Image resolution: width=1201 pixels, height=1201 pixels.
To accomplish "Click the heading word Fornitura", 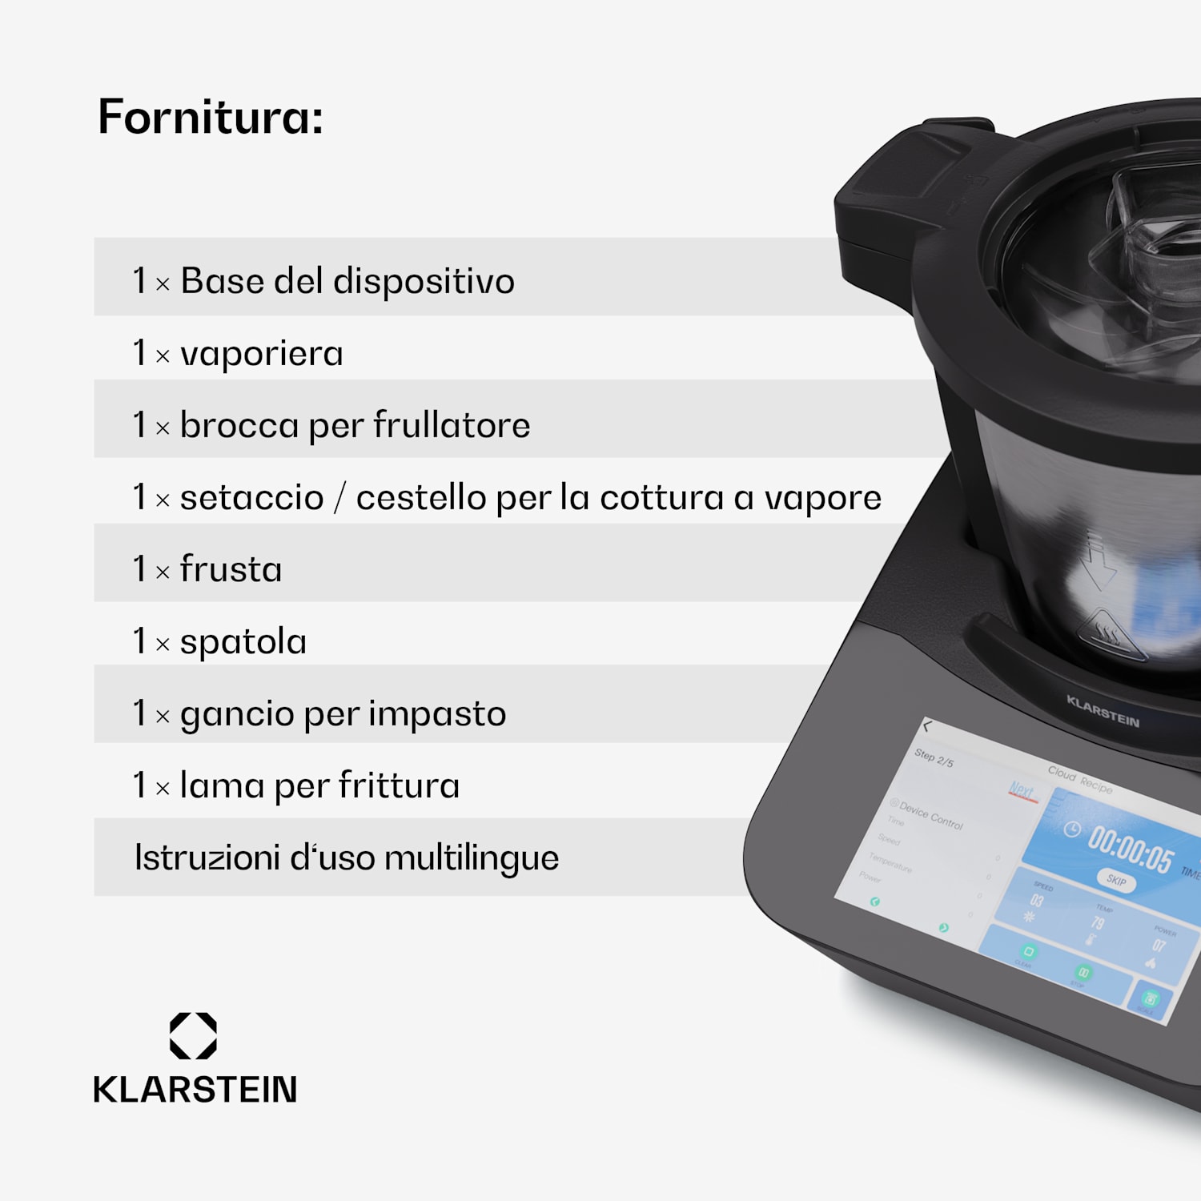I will point(210,117).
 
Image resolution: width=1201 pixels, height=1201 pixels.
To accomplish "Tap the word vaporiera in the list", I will point(262,354).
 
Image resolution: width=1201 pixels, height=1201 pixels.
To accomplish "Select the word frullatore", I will point(452,425).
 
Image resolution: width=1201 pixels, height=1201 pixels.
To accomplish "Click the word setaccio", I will point(251,497).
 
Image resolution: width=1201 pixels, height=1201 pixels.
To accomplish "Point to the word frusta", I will point(231,569).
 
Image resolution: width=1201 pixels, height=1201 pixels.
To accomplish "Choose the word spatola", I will point(243,642).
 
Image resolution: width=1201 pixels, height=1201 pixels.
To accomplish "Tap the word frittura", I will point(399,785).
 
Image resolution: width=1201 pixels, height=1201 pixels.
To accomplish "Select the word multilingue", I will point(472,858).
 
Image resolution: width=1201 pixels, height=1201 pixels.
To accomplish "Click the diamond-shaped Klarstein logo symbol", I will point(193,1036).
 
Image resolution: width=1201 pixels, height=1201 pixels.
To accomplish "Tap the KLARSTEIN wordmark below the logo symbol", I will point(195,1090).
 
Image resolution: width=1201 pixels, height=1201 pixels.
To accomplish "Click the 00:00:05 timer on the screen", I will point(1130,848).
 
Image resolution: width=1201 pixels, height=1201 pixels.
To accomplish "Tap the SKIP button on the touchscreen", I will point(1116,880).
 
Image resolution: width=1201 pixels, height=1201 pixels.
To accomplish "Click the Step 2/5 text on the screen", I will point(934,757).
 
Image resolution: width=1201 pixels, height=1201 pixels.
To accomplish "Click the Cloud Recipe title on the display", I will point(1080,779).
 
